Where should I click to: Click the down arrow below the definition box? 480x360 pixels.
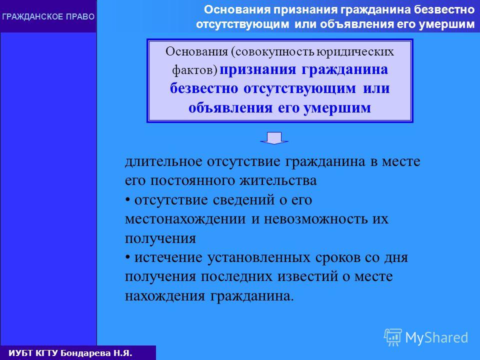click(274, 138)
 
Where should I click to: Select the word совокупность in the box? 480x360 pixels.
click(275, 52)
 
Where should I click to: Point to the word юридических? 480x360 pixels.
click(355, 52)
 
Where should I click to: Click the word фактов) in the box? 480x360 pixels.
click(194, 70)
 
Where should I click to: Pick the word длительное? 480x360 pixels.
click(163, 162)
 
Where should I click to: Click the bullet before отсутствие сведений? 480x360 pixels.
click(127, 200)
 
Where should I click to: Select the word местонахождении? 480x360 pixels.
click(185, 219)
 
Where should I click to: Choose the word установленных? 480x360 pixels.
click(259, 258)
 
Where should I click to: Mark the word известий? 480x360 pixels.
click(307, 276)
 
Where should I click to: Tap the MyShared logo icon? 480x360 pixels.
click(393, 337)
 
